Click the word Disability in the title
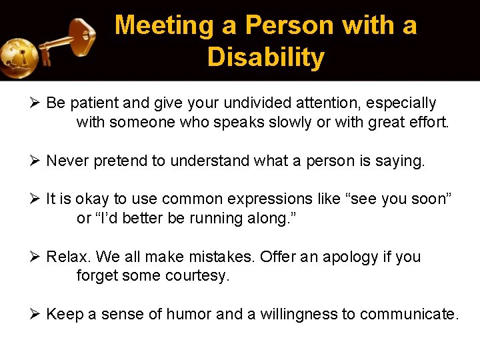pos(265,57)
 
